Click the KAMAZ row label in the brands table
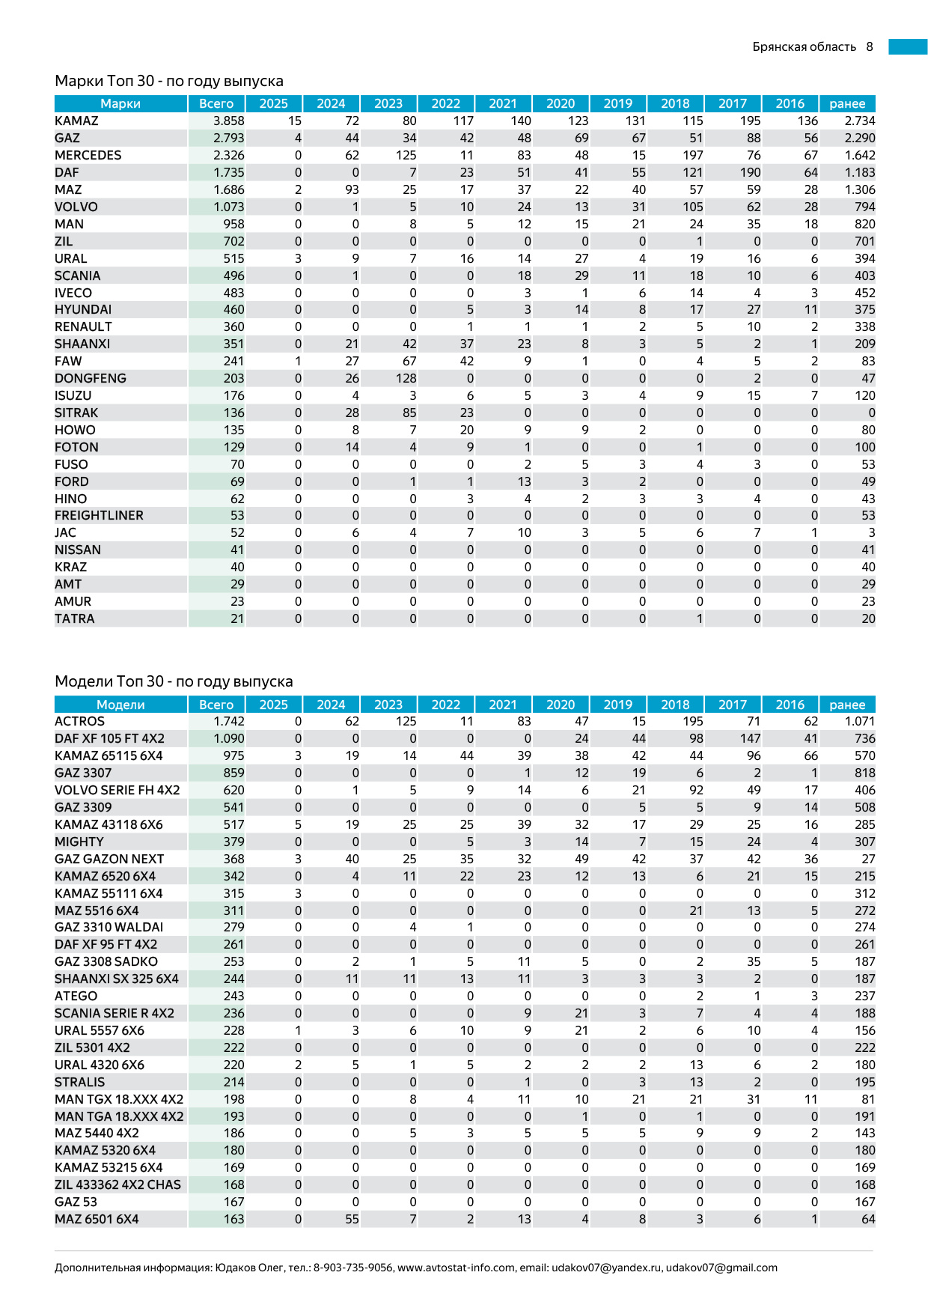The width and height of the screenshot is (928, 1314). [76, 121]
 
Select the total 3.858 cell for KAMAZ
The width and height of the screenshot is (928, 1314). [228, 121]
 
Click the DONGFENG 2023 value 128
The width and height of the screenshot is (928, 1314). [406, 378]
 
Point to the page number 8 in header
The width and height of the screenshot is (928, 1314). [870, 46]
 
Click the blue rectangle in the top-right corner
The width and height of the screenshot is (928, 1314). [908, 46]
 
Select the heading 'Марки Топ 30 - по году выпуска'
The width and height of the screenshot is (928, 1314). [169, 81]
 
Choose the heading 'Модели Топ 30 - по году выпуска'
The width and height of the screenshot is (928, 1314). [174, 681]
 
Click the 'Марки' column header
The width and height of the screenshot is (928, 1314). [120, 103]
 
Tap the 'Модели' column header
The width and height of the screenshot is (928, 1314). [120, 705]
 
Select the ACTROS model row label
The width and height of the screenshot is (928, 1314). [79, 721]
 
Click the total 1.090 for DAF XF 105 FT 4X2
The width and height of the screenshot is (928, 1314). [228, 738]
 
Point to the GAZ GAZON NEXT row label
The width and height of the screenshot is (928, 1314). [109, 859]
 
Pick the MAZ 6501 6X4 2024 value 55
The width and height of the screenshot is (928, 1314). [352, 1219]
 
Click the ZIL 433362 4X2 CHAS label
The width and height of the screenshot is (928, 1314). [117, 1184]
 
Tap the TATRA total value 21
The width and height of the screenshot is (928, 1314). [236, 618]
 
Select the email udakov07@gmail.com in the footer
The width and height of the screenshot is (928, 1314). [721, 1268]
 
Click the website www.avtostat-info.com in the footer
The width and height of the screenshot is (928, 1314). [457, 1268]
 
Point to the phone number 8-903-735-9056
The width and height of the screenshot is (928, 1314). [353, 1268]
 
